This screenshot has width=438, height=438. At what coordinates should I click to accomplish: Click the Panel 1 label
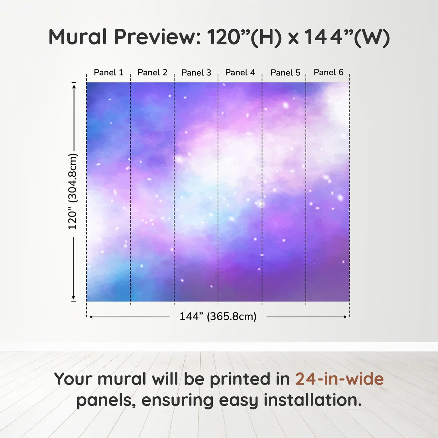[109, 73]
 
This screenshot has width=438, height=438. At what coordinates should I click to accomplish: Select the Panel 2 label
[152, 73]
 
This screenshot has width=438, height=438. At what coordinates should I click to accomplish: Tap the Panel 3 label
[196, 73]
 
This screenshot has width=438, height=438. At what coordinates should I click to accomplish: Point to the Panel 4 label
[240, 73]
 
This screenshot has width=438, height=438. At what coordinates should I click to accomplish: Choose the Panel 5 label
[286, 73]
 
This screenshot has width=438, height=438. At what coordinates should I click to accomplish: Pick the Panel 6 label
[329, 72]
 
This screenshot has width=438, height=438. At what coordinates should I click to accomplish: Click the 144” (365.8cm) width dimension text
[218, 316]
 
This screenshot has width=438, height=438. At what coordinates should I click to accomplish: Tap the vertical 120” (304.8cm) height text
[73, 191]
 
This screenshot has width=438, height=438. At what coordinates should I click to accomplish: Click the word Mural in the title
[78, 37]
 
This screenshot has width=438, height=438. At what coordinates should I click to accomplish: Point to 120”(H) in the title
[244, 38]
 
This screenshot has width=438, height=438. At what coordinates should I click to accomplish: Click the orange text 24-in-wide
[339, 379]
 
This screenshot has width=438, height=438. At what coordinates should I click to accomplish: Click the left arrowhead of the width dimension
[91, 317]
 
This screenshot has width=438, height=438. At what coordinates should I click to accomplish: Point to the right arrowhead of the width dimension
[345, 317]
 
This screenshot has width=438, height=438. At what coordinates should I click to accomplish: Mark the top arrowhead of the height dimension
[74, 86]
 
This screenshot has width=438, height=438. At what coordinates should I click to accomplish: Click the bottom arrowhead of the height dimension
[74, 298]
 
